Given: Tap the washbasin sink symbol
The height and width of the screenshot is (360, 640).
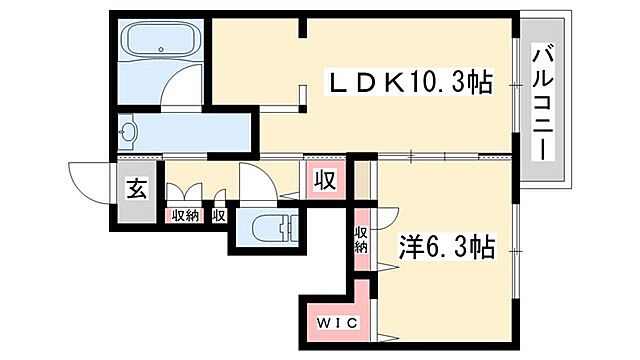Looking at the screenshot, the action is point(130,130).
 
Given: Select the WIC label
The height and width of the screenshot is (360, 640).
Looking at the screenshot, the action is point(331,324).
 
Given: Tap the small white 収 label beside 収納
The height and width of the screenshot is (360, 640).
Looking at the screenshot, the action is point(218,215).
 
